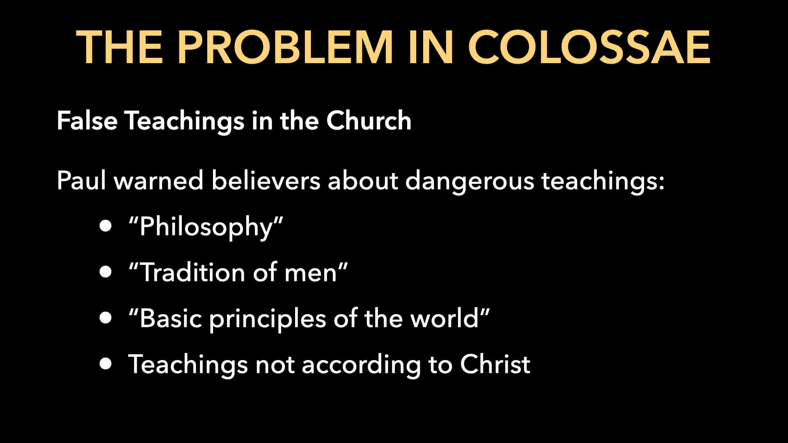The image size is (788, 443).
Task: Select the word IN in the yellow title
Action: point(431,47)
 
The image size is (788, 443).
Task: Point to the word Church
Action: point(369,121)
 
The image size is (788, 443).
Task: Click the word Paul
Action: point(82,180)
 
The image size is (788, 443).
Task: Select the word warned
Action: point(158,180)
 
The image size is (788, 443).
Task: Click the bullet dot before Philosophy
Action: point(105,226)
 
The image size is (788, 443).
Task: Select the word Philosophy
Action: point(206,227)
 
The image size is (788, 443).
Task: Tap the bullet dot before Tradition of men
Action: point(105,272)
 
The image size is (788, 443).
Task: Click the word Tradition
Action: point(192,272)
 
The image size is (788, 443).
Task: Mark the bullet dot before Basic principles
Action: point(105,318)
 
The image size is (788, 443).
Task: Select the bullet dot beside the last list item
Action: point(105,364)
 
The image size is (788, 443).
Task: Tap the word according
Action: point(361,365)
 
